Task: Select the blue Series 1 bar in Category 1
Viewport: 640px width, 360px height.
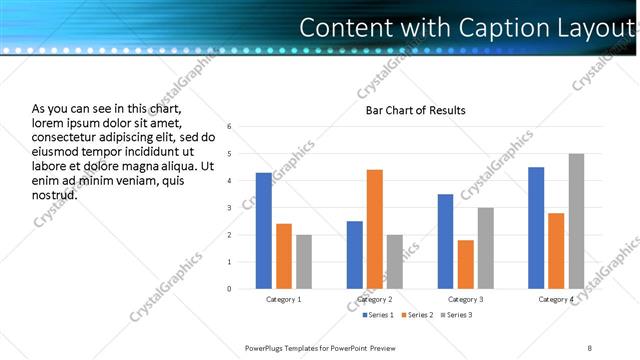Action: click(263, 231)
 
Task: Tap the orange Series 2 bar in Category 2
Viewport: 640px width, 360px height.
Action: click(375, 229)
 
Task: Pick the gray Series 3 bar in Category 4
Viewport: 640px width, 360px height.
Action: click(576, 221)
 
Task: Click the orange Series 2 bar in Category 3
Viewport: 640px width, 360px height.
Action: click(466, 264)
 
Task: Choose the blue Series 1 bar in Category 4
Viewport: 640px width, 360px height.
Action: click(536, 228)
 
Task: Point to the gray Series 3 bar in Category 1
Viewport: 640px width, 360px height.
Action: click(303, 262)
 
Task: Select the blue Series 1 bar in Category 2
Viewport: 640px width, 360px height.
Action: click(355, 255)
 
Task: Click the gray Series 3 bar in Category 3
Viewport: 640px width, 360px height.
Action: click(486, 248)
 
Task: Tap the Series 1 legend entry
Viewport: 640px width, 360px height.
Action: click(378, 315)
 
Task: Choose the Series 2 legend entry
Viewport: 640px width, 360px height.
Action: click(416, 315)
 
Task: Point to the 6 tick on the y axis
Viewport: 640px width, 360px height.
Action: click(230, 127)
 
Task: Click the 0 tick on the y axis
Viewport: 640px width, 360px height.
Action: click(230, 289)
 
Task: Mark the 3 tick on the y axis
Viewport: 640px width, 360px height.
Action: click(230, 208)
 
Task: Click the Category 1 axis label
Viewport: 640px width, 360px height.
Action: click(283, 300)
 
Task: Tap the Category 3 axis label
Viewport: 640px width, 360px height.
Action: click(466, 300)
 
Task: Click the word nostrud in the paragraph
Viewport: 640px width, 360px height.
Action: click(54, 194)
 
